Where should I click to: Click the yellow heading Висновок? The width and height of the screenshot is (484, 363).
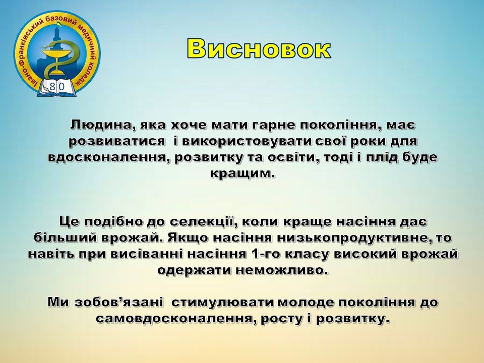coord(259,49)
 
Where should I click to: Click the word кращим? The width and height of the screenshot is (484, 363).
coord(243,173)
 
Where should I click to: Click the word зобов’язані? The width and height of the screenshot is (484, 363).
coord(118,302)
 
